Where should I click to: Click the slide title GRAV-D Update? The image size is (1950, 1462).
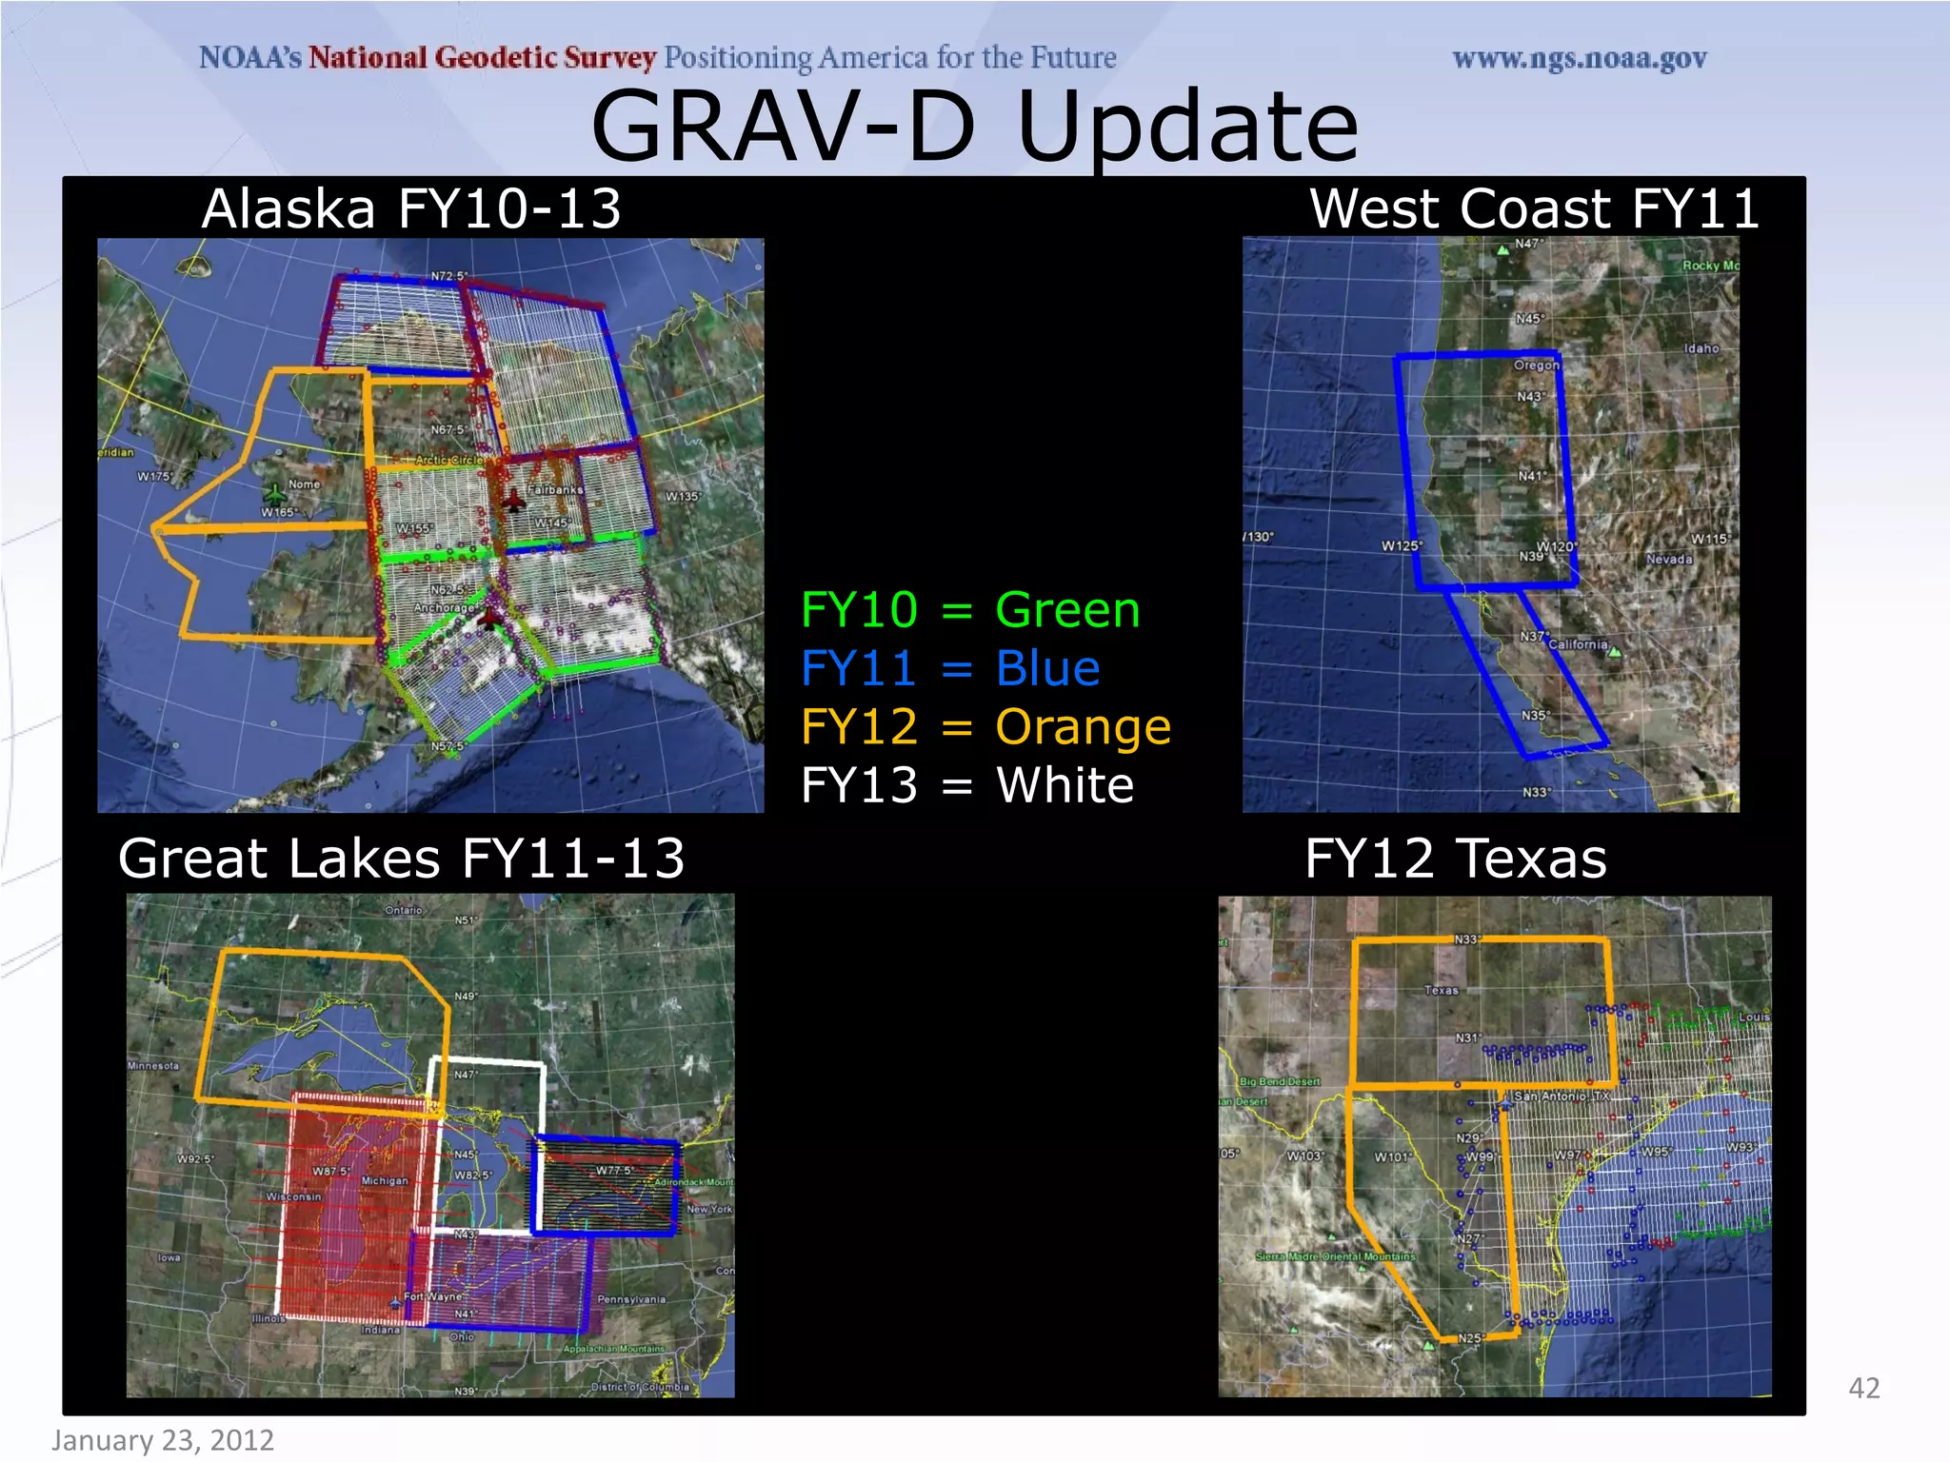click(x=974, y=127)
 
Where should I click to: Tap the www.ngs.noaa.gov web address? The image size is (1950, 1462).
click(x=1579, y=59)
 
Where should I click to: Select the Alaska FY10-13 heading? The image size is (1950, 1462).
click(x=411, y=208)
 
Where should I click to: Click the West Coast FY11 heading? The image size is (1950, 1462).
click(x=1533, y=208)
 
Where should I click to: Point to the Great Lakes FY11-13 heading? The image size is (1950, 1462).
click(x=401, y=859)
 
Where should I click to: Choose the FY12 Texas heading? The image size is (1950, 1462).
click(x=1455, y=859)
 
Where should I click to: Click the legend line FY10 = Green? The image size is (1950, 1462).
click(x=969, y=610)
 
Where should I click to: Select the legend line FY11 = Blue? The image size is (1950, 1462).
click(x=949, y=668)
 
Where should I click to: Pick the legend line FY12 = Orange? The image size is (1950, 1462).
click(x=985, y=727)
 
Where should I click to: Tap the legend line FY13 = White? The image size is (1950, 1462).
click(x=966, y=786)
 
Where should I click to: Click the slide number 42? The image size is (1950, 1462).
click(x=1863, y=1388)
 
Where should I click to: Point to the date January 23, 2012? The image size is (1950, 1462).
click(x=163, y=1440)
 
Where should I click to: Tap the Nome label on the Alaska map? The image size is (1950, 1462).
click(x=304, y=484)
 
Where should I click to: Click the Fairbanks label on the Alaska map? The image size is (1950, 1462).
click(x=555, y=489)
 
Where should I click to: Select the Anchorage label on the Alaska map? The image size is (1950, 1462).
click(x=444, y=607)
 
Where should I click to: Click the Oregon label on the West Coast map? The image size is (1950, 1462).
click(x=1536, y=365)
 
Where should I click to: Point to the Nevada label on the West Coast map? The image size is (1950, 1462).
click(x=1668, y=559)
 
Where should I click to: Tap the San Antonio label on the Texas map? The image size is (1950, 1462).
click(x=1561, y=1096)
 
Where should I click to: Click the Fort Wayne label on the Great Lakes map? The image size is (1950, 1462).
click(x=433, y=1296)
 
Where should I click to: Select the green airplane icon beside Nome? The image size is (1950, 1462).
click(x=275, y=494)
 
